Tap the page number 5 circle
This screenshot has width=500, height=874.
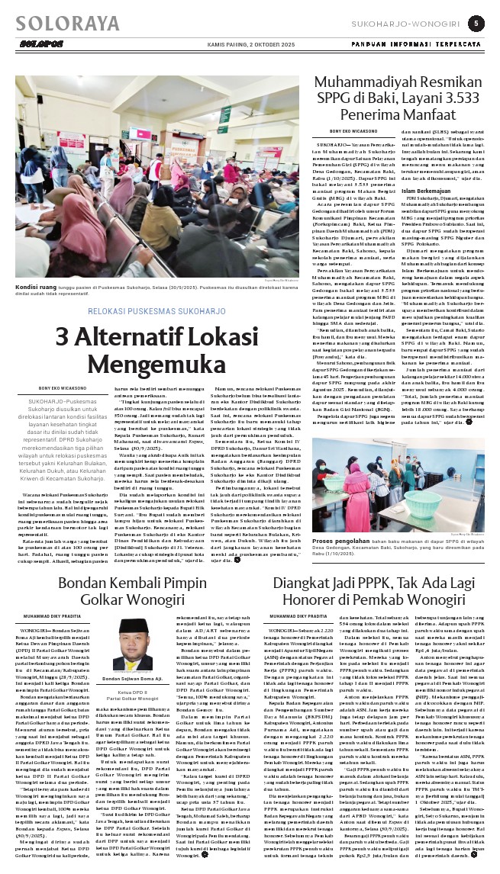tap(475, 24)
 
